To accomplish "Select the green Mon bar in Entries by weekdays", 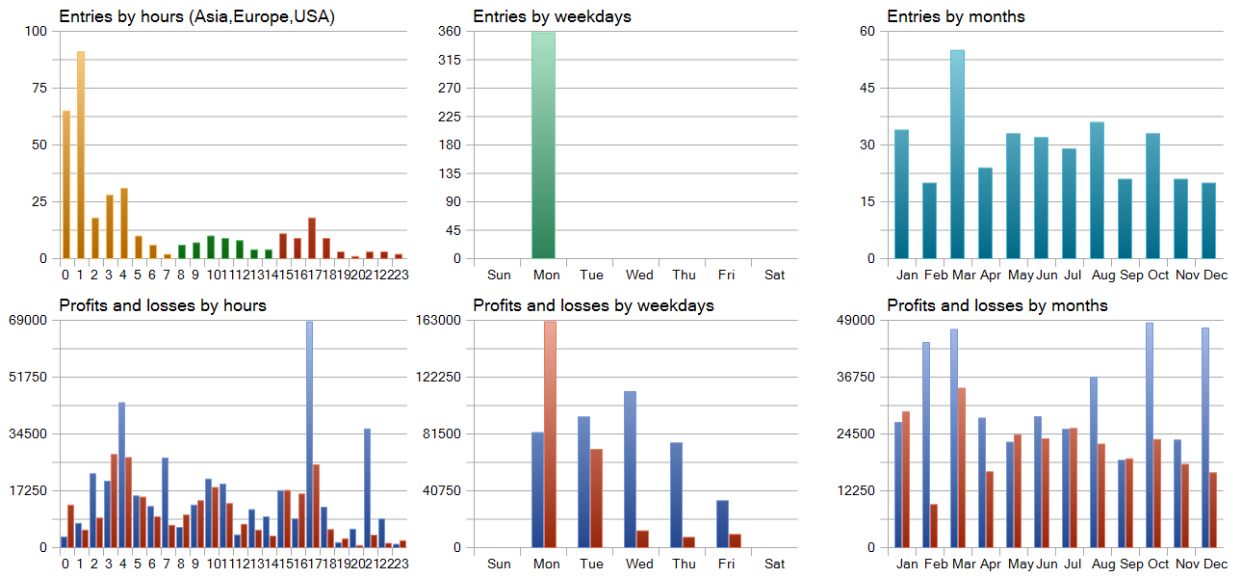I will [x=543, y=144].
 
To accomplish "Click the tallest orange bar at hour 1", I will [x=81, y=154].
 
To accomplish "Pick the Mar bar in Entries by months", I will [x=957, y=154].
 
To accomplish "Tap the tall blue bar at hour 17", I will [x=309, y=433].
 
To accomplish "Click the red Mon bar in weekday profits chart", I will [x=550, y=433].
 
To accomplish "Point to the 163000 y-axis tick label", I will [x=441, y=320].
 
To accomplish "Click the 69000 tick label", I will [x=27, y=320].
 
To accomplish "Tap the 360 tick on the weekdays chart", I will [x=449, y=31].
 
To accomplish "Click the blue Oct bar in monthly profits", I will [x=1150, y=434].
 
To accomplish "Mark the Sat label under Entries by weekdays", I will [x=775, y=275].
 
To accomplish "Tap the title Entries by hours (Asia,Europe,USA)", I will [x=196, y=16].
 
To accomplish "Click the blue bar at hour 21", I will [x=367, y=487].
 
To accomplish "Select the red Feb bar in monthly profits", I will [x=934, y=525].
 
